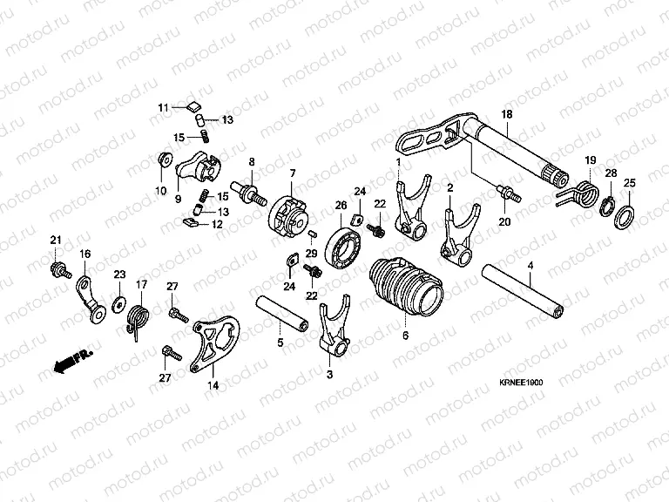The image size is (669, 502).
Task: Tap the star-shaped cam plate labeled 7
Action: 291,217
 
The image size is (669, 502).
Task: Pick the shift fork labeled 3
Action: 334,327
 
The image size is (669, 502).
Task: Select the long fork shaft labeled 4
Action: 523,292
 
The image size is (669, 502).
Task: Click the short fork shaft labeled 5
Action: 281,315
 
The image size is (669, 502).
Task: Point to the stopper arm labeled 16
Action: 91,301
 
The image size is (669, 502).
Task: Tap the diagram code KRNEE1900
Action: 521,383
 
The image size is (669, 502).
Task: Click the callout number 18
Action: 507,114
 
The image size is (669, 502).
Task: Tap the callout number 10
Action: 161,191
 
